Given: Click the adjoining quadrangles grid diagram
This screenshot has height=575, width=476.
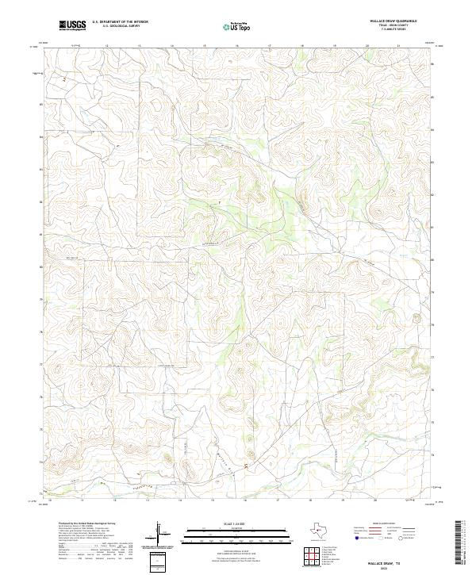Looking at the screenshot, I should [x=313, y=555].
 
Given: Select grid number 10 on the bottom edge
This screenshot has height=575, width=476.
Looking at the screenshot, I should [x=50, y=500].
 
